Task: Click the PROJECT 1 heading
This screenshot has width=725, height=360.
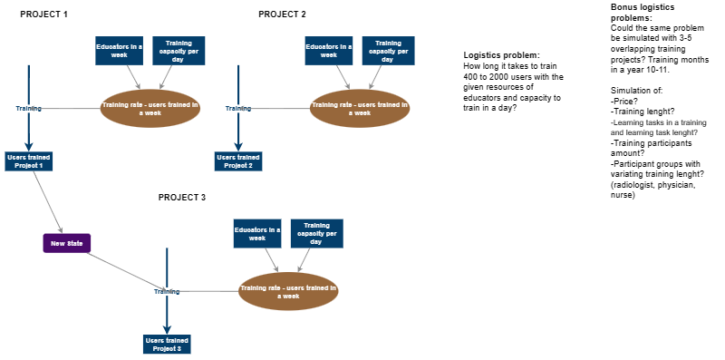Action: click(x=43, y=15)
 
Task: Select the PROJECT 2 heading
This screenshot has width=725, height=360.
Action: click(x=282, y=15)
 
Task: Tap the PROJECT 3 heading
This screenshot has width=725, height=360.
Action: click(x=182, y=197)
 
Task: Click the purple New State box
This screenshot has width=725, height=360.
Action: click(x=67, y=243)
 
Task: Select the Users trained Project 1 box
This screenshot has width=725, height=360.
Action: click(x=29, y=161)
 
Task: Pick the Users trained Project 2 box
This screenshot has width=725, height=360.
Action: click(x=238, y=161)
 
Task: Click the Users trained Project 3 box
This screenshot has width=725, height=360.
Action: click(x=168, y=345)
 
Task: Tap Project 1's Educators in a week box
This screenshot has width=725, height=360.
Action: click(x=120, y=50)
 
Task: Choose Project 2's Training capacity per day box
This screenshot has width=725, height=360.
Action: click(x=388, y=50)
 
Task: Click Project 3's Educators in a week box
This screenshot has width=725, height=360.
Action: click(x=257, y=233)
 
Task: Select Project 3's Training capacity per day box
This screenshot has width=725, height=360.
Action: click(x=316, y=233)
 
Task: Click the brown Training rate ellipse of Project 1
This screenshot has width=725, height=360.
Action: click(x=150, y=109)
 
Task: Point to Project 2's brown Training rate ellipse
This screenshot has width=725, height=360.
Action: click(x=360, y=109)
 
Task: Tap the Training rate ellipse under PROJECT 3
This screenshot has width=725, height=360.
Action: click(x=288, y=291)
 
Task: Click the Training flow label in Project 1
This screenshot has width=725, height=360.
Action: click(x=29, y=108)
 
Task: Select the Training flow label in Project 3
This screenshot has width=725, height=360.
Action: click(x=167, y=291)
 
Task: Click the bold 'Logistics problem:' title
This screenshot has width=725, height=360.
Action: click(x=501, y=55)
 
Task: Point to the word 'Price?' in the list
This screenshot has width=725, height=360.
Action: click(x=624, y=101)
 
